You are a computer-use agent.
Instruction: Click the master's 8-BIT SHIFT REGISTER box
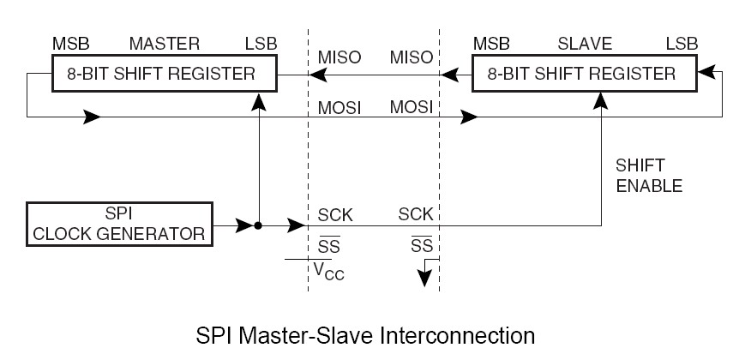pyautogui.click(x=163, y=74)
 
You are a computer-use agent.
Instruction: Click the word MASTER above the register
pyautogui.click(x=164, y=43)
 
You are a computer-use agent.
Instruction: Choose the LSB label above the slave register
pyautogui.click(x=683, y=43)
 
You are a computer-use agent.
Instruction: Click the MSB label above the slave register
pyautogui.click(x=491, y=43)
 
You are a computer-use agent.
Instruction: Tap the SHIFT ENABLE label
pyautogui.click(x=649, y=177)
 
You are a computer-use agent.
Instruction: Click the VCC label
pyautogui.click(x=328, y=272)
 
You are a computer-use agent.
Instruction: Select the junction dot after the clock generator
pyautogui.click(x=257, y=226)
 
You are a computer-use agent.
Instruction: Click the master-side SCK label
pyautogui.click(x=335, y=213)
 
